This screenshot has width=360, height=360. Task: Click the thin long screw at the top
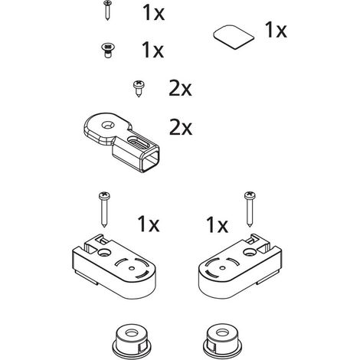tap(106, 10)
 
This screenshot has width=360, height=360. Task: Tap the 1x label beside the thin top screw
tap(153, 12)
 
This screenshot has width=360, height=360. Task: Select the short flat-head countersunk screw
tap(107, 51)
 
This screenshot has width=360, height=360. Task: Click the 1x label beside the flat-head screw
tap(152, 50)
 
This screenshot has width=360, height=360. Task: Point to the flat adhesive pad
tap(234, 37)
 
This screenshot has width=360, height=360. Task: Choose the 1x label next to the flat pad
tap(276, 30)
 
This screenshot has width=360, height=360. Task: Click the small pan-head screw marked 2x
tap(139, 88)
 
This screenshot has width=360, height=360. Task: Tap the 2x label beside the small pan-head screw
tap(180, 88)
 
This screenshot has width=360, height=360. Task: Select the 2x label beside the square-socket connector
tap(181, 127)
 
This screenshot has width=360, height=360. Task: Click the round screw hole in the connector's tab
tap(108, 125)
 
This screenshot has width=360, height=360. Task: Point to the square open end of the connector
tap(149, 161)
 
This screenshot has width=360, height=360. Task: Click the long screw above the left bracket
tap(104, 209)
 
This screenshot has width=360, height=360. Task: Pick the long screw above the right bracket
tap(250, 209)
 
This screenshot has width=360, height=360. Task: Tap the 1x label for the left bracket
tap(149, 224)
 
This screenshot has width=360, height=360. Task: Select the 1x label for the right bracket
tap(218, 225)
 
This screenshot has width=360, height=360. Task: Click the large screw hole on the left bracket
tap(104, 253)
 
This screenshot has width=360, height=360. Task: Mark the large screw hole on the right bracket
tap(250, 252)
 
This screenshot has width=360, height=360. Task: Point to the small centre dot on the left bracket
tap(132, 268)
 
